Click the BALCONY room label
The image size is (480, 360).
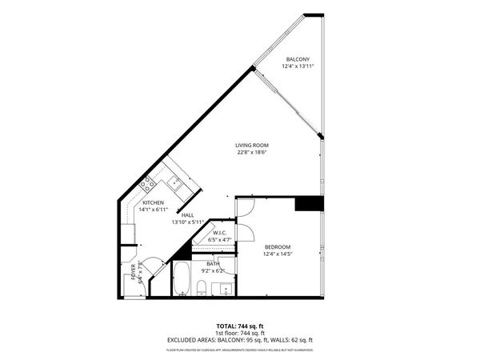pyautogui.click(x=297, y=59)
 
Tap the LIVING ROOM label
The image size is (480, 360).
pyautogui.click(x=250, y=145)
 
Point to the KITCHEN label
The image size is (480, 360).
pyautogui.click(x=154, y=203)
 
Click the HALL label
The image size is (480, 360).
pyautogui.click(x=187, y=215)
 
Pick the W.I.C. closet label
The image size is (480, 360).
pyautogui.click(x=219, y=233)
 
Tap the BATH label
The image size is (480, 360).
pyautogui.click(x=212, y=263)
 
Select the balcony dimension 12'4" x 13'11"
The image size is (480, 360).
pyautogui.click(x=297, y=66)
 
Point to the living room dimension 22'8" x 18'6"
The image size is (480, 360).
pyautogui.click(x=250, y=152)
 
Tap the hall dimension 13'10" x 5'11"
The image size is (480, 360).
pyautogui.click(x=187, y=222)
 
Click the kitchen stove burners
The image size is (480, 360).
pyautogui.click(x=147, y=184)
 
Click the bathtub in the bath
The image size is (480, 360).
pyautogui.click(x=181, y=279)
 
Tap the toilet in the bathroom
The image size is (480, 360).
pyautogui.click(x=203, y=287)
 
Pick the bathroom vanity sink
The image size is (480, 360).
pyautogui.click(x=226, y=288)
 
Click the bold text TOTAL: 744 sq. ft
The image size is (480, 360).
pyautogui.click(x=239, y=326)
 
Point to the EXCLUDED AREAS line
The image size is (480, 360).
pyautogui.click(x=239, y=339)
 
